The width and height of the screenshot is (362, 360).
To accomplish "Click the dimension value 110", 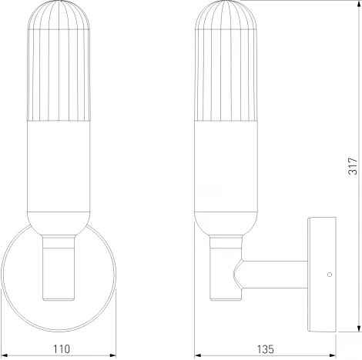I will [59, 348].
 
